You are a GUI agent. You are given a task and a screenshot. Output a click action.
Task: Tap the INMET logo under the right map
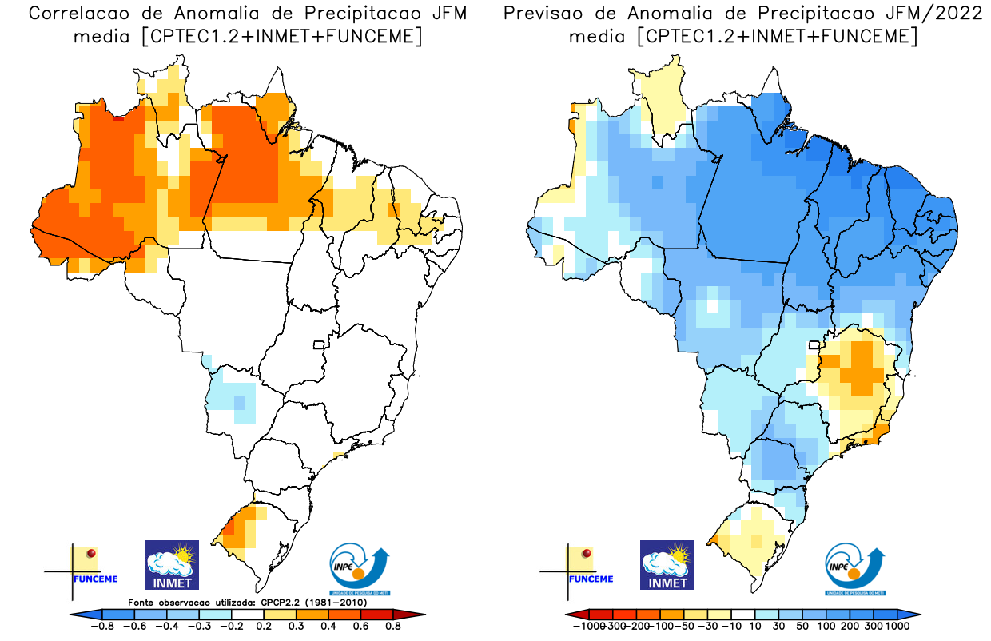(667, 564)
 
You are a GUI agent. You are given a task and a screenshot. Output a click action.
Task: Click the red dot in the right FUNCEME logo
(587, 553)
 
